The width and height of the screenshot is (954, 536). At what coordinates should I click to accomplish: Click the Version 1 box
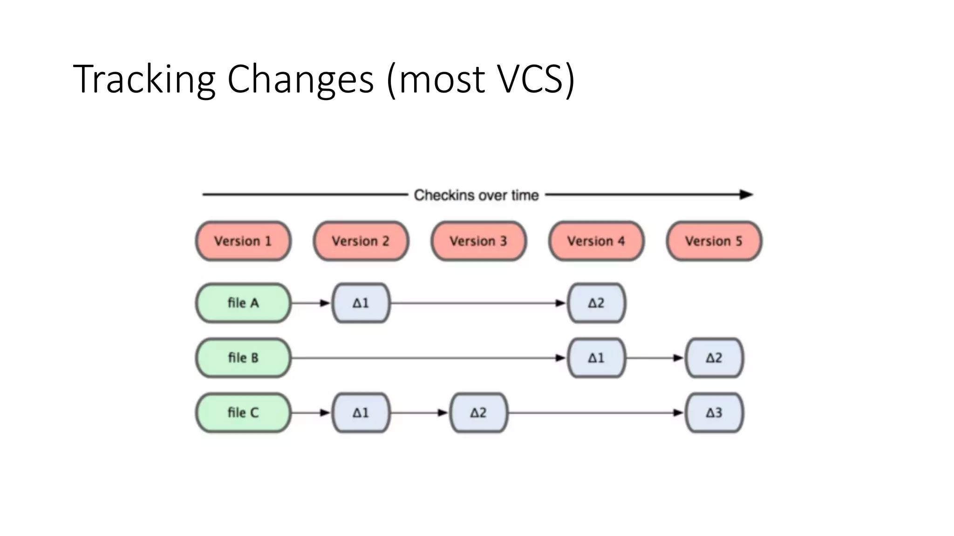coord(243,241)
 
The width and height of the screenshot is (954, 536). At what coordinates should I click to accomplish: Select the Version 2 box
coord(361,241)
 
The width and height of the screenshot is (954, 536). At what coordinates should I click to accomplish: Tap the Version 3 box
coord(478,241)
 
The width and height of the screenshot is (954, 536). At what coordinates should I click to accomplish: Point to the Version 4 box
coord(596,241)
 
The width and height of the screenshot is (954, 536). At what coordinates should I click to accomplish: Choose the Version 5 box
coord(714,241)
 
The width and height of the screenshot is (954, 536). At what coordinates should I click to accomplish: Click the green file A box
coord(243,303)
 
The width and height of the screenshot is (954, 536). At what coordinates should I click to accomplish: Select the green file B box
coord(243,358)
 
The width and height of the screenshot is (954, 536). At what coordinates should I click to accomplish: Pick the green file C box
coord(243,413)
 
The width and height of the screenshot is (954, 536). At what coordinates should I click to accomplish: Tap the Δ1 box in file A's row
coord(361,303)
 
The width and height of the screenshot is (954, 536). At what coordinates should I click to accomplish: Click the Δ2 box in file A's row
coord(596,303)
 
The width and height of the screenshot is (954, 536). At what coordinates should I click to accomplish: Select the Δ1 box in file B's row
coord(596,358)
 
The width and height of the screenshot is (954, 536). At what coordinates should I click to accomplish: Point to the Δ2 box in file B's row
coord(714,358)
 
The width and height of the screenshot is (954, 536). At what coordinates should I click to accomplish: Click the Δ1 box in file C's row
coord(361,413)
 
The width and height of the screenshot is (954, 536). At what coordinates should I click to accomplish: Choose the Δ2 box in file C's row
coord(478,413)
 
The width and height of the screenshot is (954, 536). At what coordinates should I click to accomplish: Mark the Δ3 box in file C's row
coord(714,413)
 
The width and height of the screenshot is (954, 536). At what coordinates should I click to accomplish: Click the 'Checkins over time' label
coord(476,195)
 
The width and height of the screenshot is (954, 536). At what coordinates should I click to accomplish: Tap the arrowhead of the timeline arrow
coord(747,194)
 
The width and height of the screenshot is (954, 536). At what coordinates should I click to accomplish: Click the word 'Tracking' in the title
coord(144,80)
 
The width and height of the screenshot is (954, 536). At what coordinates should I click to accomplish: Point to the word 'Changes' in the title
coord(300,80)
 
